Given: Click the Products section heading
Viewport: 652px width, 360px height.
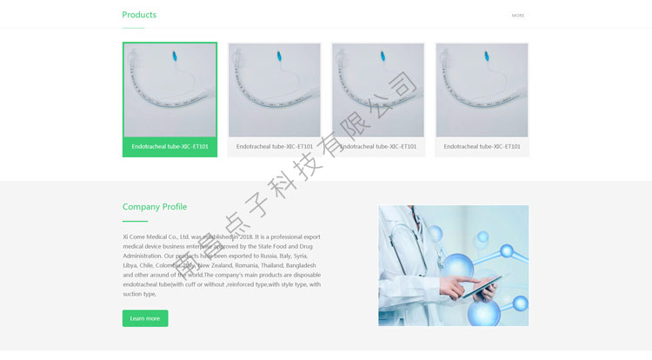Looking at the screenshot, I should tap(139, 15).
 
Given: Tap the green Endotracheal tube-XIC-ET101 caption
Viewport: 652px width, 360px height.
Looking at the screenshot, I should tap(170, 147).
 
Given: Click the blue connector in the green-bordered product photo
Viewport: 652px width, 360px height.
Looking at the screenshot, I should tap(175, 57).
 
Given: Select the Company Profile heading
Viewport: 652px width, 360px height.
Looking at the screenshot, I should tap(155, 207).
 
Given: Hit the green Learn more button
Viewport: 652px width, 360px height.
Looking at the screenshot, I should tap(145, 318).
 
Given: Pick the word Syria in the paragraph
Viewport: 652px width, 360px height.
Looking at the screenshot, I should tap(300, 256).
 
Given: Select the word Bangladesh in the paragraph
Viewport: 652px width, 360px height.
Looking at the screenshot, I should tap(302, 265).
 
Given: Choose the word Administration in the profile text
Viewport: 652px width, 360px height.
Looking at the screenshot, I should tap(142, 256).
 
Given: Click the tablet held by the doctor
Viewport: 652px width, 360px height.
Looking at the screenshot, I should tap(480, 287).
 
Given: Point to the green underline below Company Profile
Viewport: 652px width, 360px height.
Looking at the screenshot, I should tap(135, 222).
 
